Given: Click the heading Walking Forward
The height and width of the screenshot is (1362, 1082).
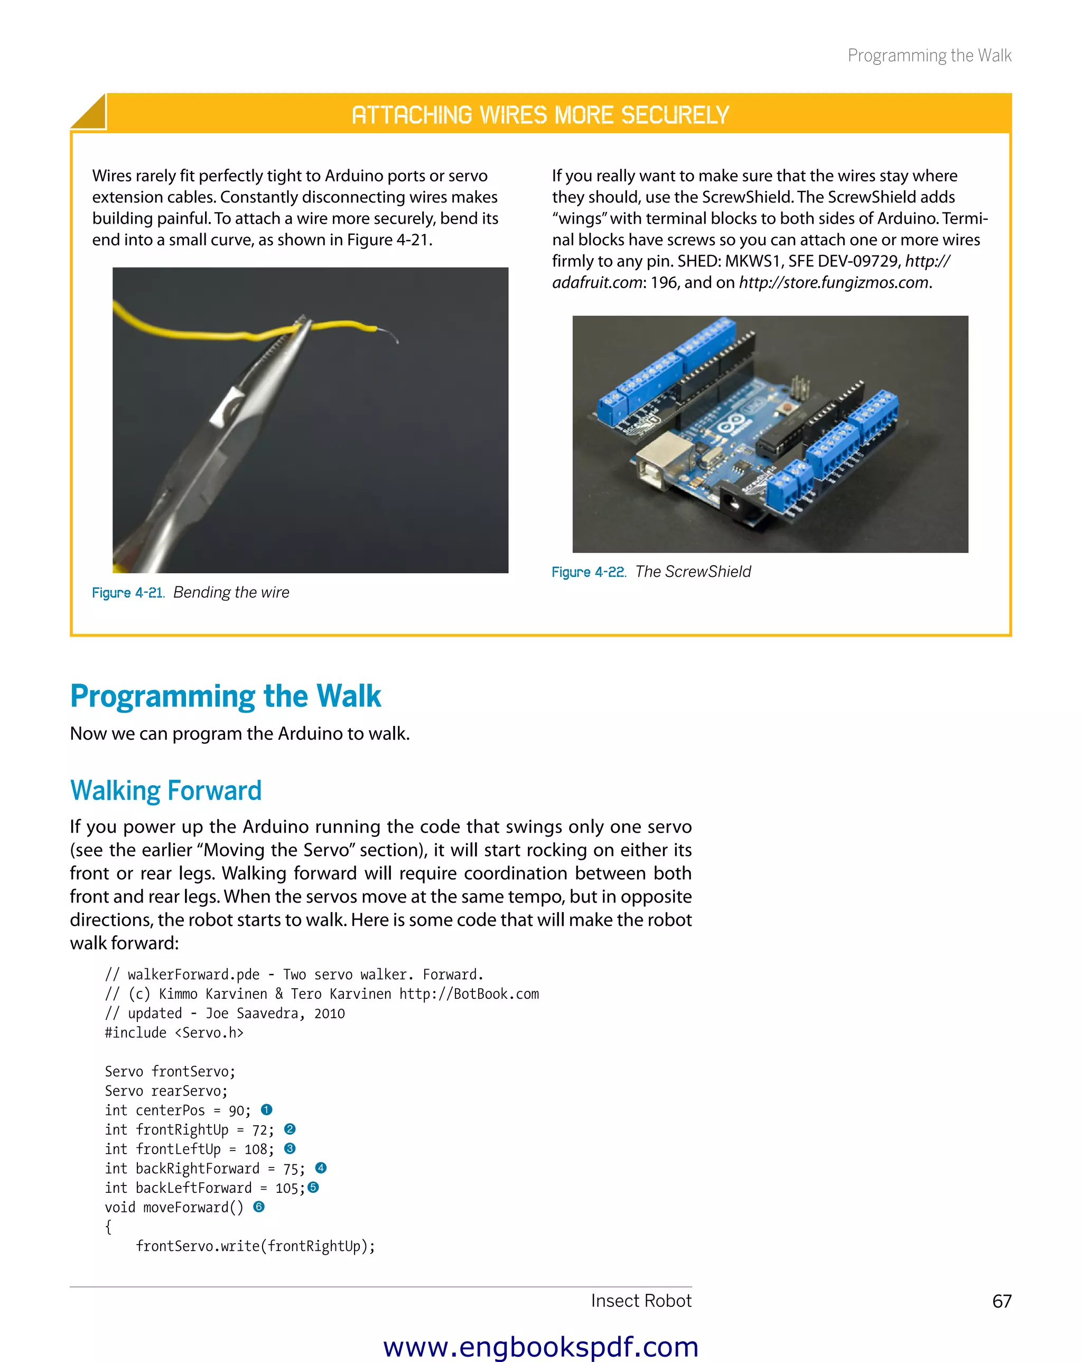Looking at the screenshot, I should pyautogui.click(x=165, y=790).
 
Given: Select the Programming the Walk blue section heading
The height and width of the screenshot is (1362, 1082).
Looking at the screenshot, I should pyautogui.click(x=226, y=696).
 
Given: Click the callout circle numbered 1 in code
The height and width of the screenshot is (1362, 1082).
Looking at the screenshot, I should pyautogui.click(x=266, y=1110).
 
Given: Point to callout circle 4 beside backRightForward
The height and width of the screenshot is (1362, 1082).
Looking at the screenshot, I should pyautogui.click(x=321, y=1168).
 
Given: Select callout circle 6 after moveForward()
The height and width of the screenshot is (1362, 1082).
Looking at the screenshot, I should pyautogui.click(x=259, y=1207).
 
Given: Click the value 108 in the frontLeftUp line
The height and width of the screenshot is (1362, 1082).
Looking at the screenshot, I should pyautogui.click(x=256, y=1149).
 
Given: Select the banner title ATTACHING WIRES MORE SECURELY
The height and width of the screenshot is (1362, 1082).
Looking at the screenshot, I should pyautogui.click(x=540, y=115).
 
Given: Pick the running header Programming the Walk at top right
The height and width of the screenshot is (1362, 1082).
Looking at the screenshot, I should pyautogui.click(x=929, y=56).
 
